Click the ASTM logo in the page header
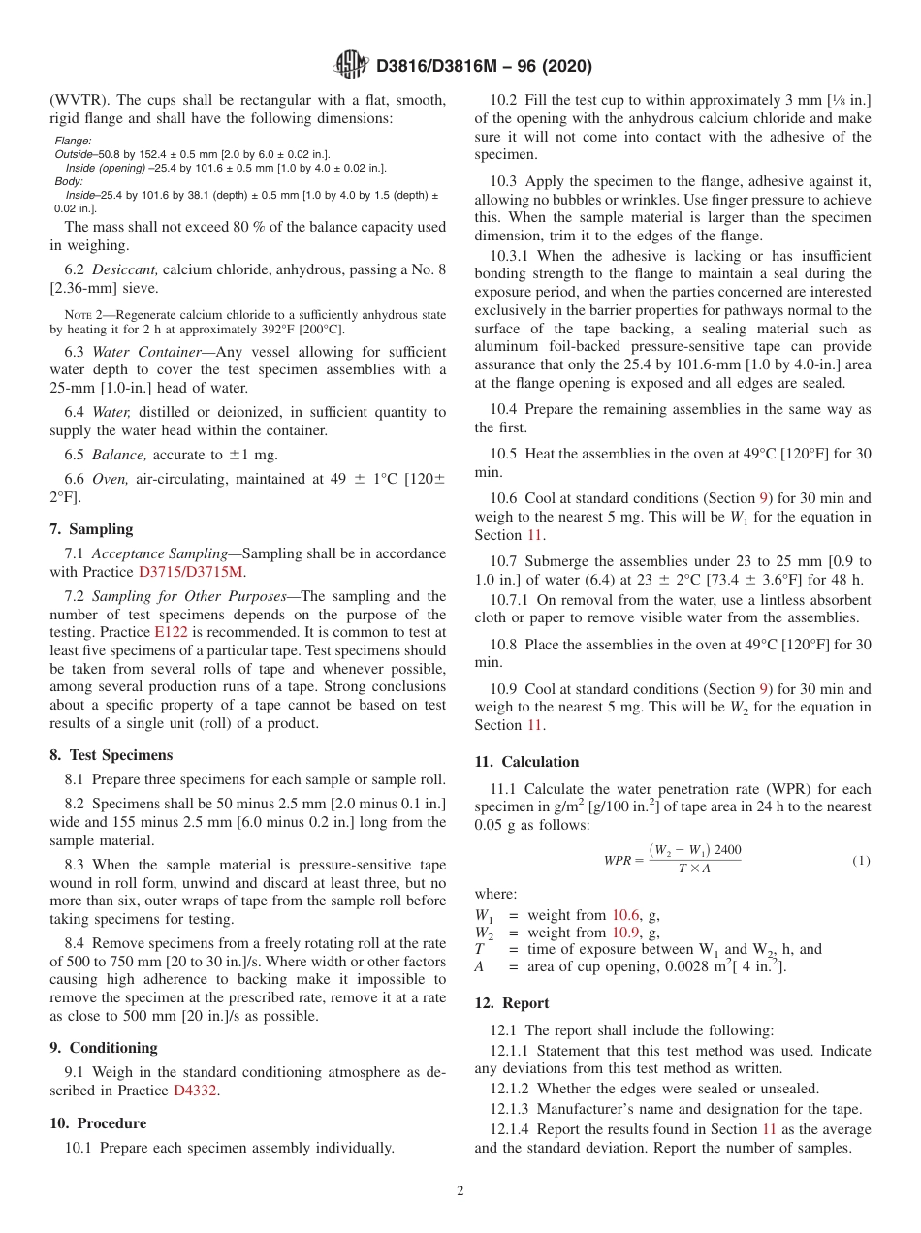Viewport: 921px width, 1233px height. tap(351, 66)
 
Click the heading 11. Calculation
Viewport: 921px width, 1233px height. tap(526, 762)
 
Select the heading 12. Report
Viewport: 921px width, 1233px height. tap(512, 1003)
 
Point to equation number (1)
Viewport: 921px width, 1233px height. tap(861, 860)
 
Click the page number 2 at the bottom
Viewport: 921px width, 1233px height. tap(460, 1191)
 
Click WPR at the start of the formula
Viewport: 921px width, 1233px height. tap(618, 861)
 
